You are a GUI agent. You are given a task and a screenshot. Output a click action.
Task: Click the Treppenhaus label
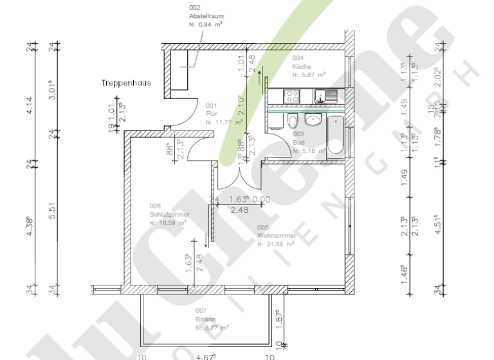pyautogui.click(x=126, y=83)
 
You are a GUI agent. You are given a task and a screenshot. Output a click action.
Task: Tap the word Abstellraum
pyautogui.click(x=206, y=16)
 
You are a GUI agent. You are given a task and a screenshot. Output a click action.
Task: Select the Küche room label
pyautogui.click(x=302, y=67)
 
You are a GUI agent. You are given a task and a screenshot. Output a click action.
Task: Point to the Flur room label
pyautogui.click(x=212, y=113)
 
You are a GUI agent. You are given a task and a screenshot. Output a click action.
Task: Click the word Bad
pyautogui.click(x=298, y=143)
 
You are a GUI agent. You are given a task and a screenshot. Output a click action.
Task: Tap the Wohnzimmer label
pyautogui.click(x=277, y=236)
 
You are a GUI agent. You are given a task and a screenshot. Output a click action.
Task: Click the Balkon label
pyautogui.click(x=206, y=319)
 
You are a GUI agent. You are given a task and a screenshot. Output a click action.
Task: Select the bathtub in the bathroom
pyautogui.click(x=336, y=138)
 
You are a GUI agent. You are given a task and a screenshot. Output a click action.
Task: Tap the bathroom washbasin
pyautogui.click(x=314, y=121)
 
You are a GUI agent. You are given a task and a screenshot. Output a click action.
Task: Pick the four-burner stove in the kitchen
pyautogui.click(x=291, y=96)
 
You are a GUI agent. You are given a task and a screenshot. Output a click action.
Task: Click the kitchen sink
pyautogui.click(x=331, y=96)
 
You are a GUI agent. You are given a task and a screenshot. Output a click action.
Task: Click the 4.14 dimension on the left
pyautogui.click(x=28, y=105)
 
